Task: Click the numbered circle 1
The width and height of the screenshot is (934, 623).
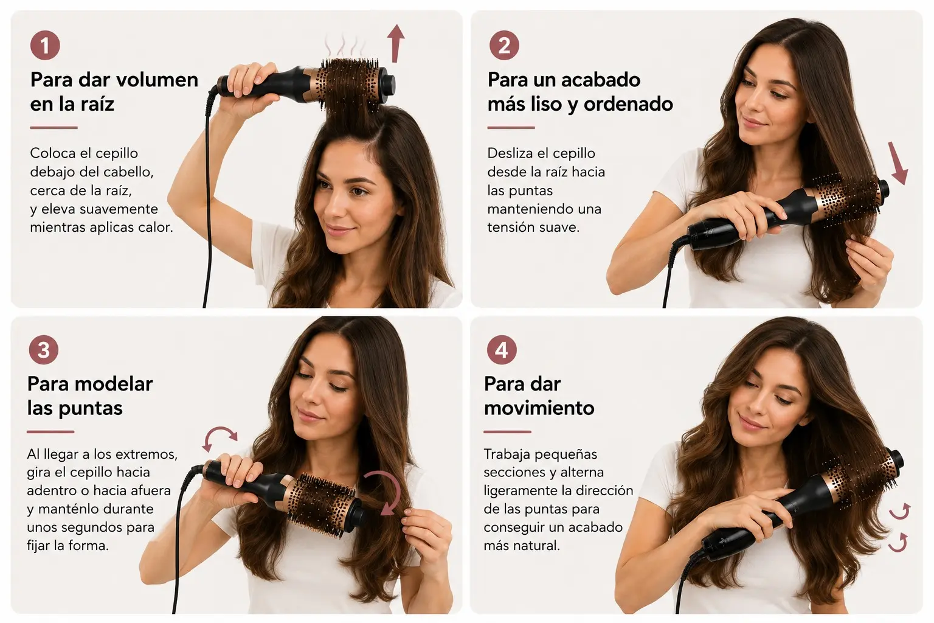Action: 45,45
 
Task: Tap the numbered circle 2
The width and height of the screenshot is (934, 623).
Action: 504,45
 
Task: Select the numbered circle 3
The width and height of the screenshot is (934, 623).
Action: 44,350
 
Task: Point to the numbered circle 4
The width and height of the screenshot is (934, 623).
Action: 502,350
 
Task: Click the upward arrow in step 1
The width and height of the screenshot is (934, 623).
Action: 395,43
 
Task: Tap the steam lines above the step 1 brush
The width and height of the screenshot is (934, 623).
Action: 345,46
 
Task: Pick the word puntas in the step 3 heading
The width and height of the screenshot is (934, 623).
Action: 91,408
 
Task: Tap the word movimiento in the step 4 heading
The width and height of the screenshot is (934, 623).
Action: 539,408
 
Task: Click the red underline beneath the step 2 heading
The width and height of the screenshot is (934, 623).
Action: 511,127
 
